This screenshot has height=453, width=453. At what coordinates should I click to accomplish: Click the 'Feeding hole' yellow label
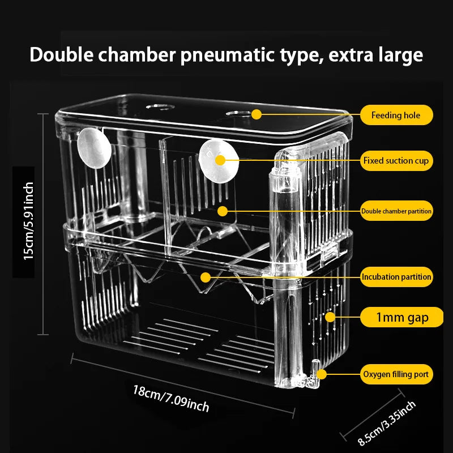click(x=396, y=115)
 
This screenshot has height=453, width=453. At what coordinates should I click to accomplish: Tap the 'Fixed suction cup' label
click(x=396, y=161)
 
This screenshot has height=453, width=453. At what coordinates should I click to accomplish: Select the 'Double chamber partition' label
click(x=396, y=211)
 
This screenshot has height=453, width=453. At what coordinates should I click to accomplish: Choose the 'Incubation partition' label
click(x=396, y=277)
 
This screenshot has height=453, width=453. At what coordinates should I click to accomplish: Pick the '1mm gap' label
click(x=401, y=317)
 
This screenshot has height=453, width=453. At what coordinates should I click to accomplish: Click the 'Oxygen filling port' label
click(x=396, y=374)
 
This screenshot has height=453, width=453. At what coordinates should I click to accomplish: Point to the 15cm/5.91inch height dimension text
click(x=28, y=221)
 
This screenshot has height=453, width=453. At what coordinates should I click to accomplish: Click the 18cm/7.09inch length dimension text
click(x=171, y=398)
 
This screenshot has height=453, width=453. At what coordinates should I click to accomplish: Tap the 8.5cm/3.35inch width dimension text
click(x=387, y=423)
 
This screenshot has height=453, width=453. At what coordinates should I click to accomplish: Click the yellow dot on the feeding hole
click(x=257, y=114)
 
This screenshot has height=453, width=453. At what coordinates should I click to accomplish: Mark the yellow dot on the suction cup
click(x=220, y=160)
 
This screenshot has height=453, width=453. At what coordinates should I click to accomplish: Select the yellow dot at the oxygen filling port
click(x=321, y=374)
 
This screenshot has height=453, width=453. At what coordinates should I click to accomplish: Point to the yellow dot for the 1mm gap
click(x=330, y=317)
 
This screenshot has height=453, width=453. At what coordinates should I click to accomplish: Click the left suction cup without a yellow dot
click(x=94, y=148)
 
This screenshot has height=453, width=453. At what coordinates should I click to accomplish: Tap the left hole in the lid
click(x=160, y=107)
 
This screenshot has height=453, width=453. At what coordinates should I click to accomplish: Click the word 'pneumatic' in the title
click(x=228, y=55)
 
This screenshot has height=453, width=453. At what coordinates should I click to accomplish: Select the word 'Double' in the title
click(x=62, y=54)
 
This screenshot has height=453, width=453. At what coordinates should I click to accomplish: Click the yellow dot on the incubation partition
click(x=206, y=277)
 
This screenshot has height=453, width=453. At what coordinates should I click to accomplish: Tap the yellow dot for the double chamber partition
click(x=222, y=211)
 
